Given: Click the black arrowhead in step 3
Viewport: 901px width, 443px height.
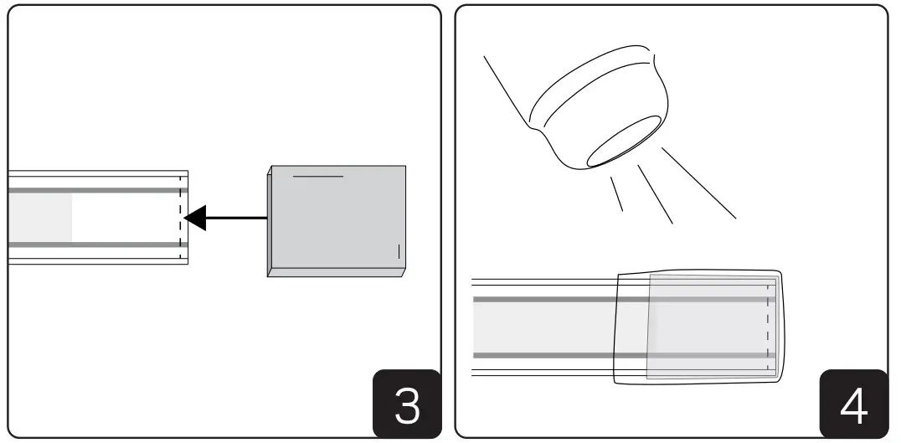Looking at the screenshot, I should [194, 219].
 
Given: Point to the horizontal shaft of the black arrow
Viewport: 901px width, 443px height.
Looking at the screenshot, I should [239, 219].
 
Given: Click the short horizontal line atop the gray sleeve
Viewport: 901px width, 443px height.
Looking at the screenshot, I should [317, 177].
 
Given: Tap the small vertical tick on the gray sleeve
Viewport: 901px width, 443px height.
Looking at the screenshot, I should [399, 251].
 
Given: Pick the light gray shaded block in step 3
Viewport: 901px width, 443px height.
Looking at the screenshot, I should [39, 218].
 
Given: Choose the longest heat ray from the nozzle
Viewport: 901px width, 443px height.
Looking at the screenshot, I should [698, 183].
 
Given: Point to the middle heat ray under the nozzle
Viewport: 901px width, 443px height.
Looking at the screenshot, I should [656, 193].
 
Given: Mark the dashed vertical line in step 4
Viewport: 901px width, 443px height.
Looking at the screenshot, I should [767, 327].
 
